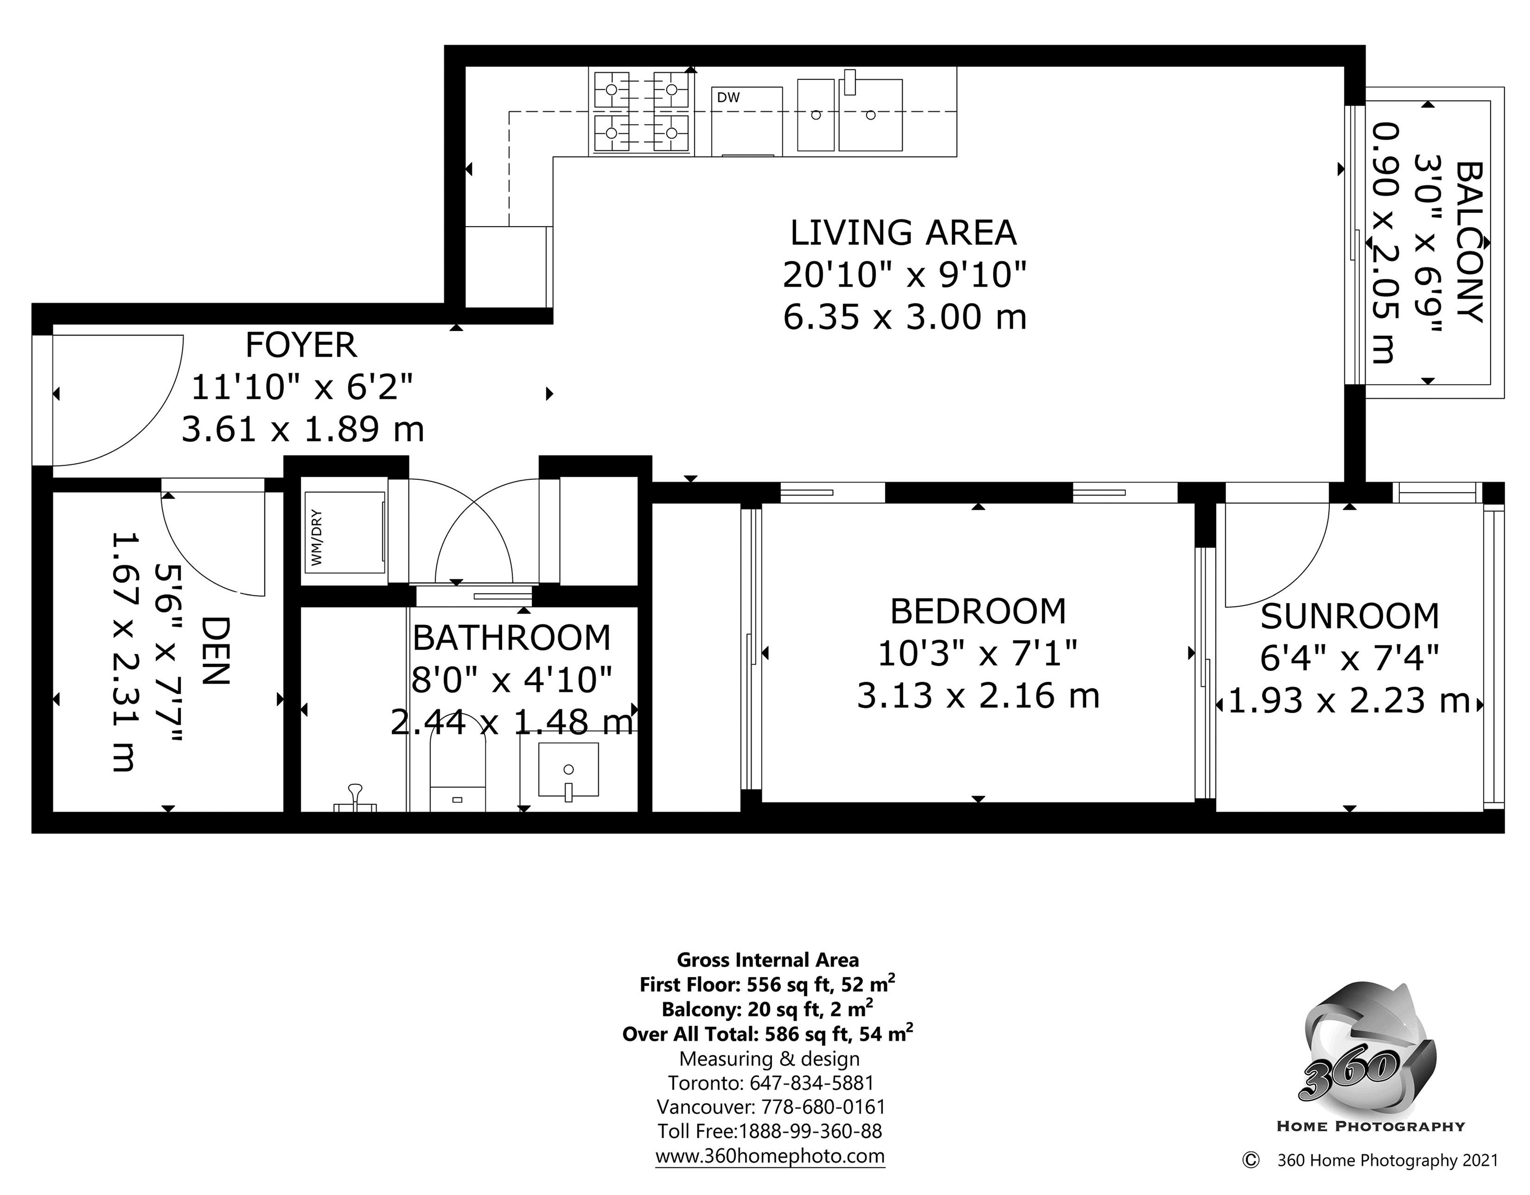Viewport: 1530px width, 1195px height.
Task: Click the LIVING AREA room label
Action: point(903,233)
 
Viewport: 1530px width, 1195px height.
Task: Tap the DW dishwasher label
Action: point(728,98)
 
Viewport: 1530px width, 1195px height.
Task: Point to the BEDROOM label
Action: point(978,612)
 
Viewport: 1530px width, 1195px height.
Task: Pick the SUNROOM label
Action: point(1349,616)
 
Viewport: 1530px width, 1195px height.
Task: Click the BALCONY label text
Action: point(1470,242)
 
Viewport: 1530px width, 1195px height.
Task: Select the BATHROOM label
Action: point(512,637)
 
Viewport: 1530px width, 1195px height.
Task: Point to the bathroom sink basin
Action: point(568,770)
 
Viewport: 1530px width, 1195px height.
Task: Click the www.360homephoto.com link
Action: point(770,1155)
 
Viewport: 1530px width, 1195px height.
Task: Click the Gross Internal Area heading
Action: point(768,960)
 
